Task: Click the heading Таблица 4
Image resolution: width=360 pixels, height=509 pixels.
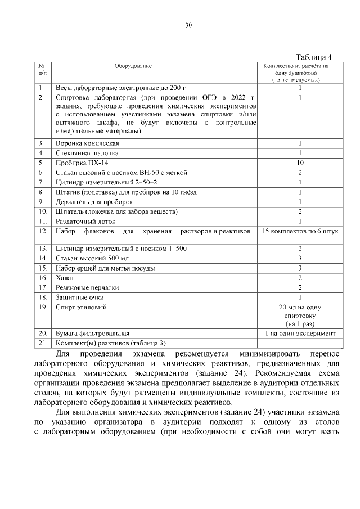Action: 314,57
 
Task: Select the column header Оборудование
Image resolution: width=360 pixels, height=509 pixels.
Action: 133,66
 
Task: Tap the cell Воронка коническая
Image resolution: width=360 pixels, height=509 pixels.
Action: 87,143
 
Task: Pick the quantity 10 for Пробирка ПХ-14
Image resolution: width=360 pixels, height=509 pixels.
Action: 300,163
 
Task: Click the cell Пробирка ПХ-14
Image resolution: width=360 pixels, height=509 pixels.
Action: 79,163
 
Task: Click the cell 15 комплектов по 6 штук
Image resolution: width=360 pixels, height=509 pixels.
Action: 300,231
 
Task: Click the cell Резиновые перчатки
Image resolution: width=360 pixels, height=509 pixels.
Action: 87,287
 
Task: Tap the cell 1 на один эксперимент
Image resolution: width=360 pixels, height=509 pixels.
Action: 300,333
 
